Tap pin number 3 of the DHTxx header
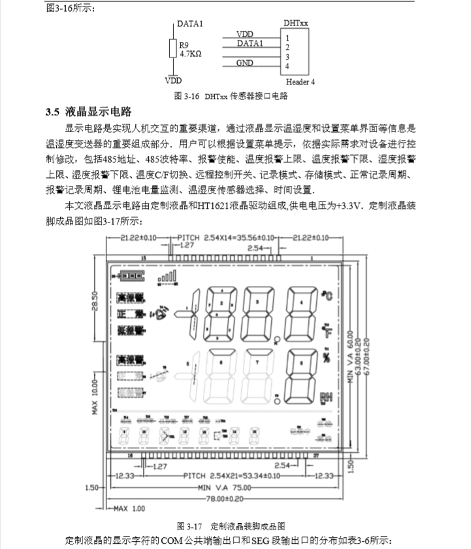pos(287,57)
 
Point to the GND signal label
pos(245,63)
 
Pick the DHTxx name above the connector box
pos(296,23)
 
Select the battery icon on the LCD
pos(128,276)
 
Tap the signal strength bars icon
pos(167,278)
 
